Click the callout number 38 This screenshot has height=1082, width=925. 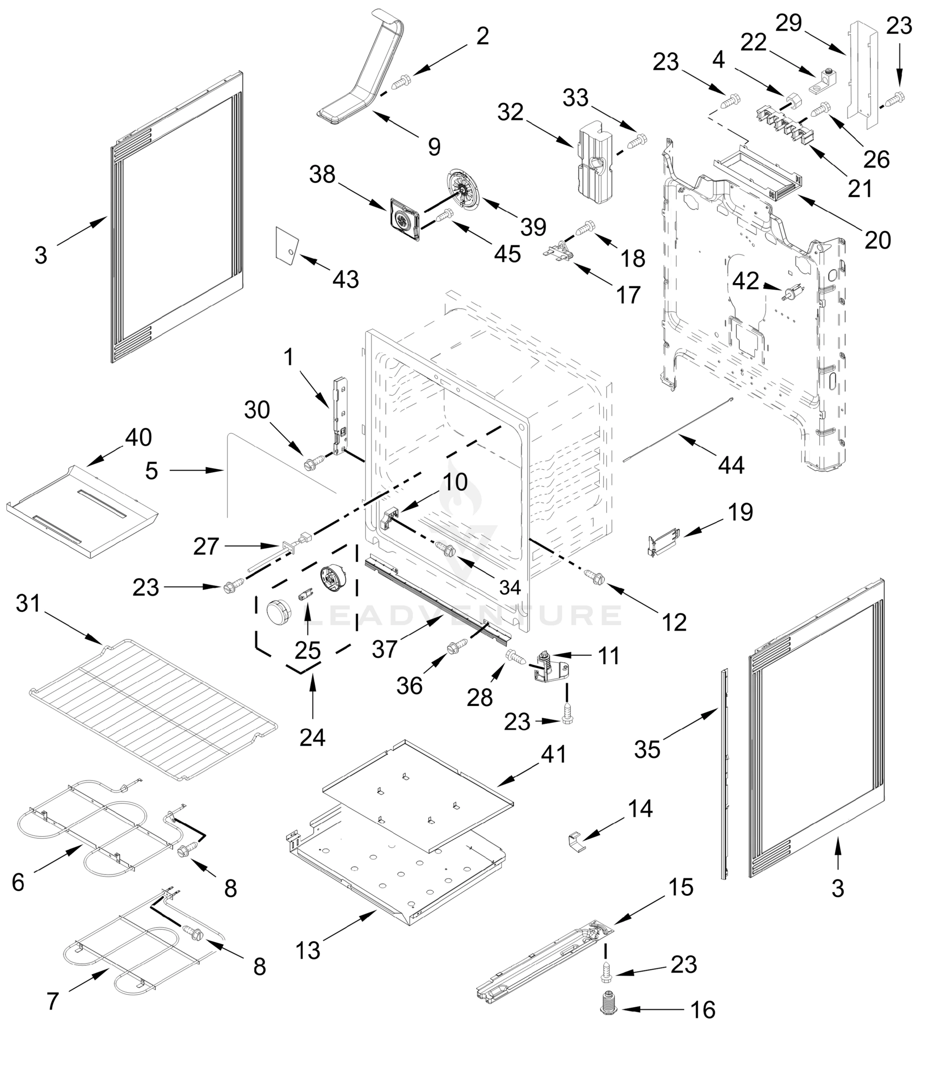point(322,174)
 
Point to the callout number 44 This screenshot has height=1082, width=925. point(731,465)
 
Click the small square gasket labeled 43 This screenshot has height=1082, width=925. point(287,243)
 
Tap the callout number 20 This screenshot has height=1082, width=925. point(878,240)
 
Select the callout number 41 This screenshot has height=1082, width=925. point(554,754)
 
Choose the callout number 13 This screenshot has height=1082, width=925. point(307,950)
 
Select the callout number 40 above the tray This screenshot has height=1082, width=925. point(138,437)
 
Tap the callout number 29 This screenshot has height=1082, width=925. point(788,23)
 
